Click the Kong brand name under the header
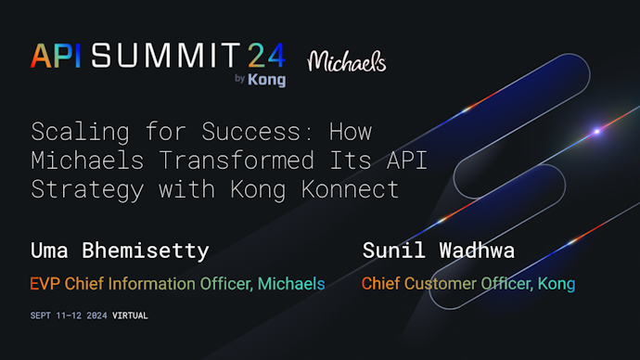(267, 80)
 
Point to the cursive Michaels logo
(346, 61)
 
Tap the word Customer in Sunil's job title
(443, 284)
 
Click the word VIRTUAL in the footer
(130, 315)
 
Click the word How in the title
(350, 131)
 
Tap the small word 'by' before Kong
(240, 80)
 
